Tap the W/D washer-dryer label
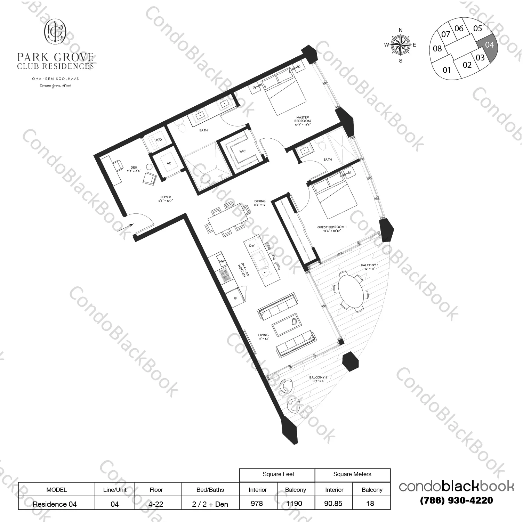(x=159, y=140)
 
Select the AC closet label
(x=169, y=163)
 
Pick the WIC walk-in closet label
(x=242, y=151)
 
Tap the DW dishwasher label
(x=252, y=246)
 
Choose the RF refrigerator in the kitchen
(x=235, y=298)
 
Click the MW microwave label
(x=222, y=261)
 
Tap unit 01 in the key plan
(x=446, y=70)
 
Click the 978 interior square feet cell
(x=257, y=504)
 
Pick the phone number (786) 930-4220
(x=456, y=500)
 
